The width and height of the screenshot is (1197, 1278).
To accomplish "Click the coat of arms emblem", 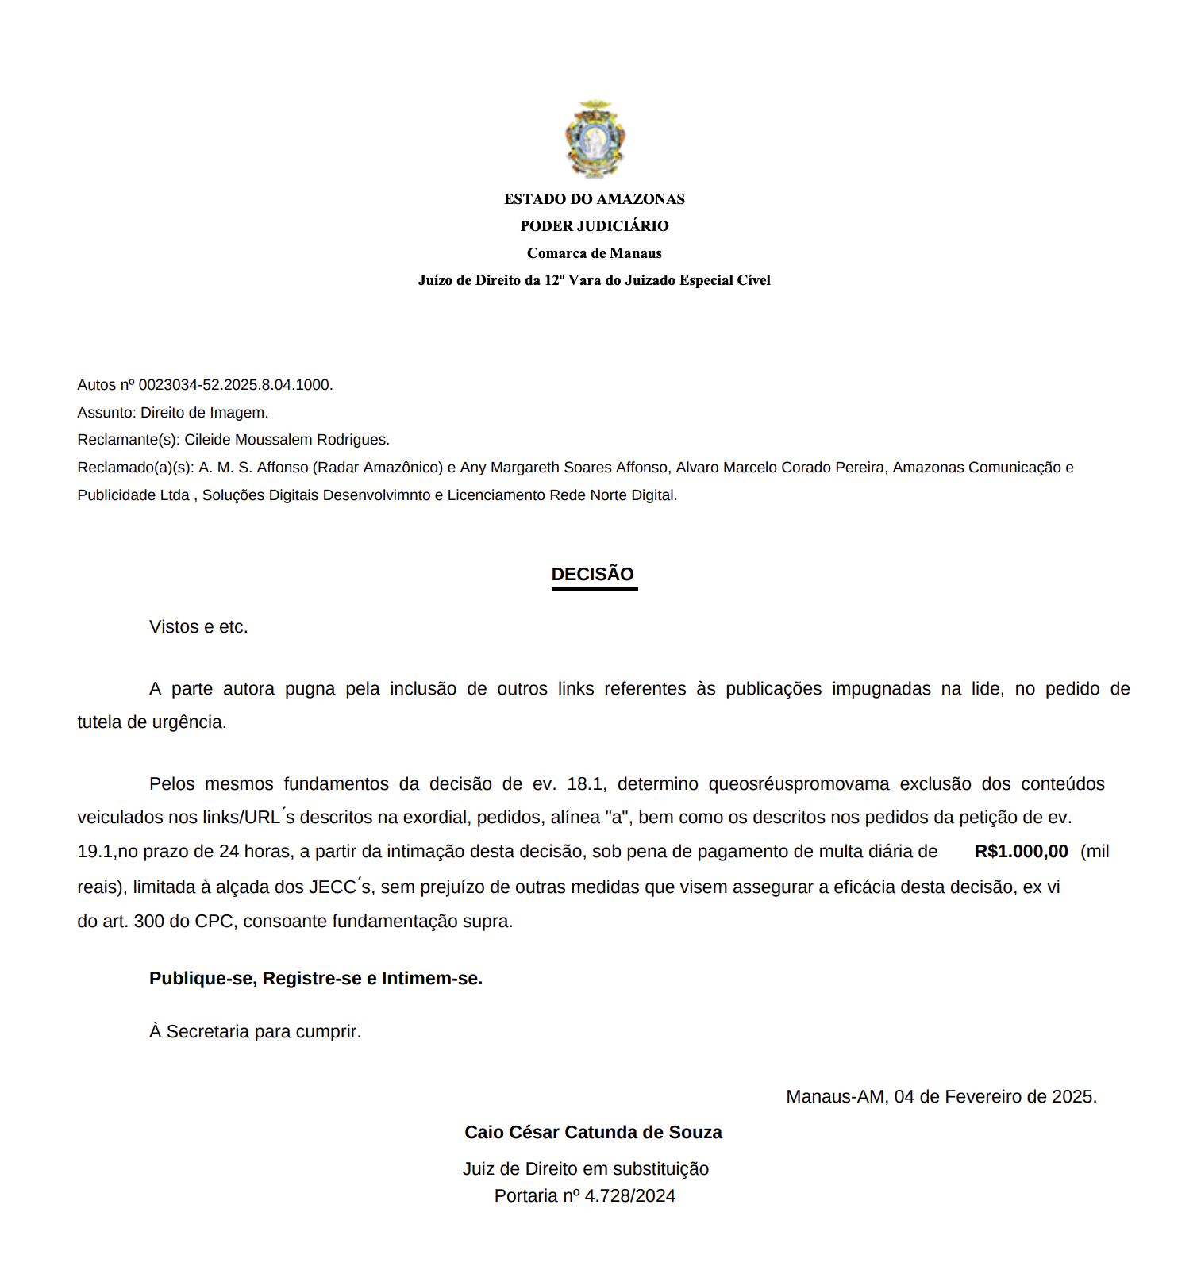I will click(595, 140).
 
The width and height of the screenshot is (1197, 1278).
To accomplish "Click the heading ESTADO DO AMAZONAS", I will click(594, 199).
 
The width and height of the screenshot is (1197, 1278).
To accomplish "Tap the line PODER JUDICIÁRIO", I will click(594, 226).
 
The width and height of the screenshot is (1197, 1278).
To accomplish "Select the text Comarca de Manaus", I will click(594, 253).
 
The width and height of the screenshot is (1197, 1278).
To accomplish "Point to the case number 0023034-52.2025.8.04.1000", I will click(234, 385).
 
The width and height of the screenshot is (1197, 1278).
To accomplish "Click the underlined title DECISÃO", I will click(593, 575).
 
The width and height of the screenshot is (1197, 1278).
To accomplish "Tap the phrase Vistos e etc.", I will click(198, 627).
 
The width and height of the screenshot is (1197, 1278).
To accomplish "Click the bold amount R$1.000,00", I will click(1021, 852).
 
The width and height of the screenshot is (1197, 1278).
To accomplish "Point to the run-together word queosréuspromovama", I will click(799, 784).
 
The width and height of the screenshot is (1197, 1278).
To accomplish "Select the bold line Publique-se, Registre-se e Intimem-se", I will click(316, 979).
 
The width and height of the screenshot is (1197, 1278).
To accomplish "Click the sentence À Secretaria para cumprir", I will click(255, 1032).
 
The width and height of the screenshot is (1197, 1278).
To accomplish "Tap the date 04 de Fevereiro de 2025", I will click(995, 1097).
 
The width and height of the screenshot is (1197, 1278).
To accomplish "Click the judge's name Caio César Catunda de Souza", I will click(593, 1133).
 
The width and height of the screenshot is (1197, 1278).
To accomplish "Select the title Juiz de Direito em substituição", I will click(586, 1169).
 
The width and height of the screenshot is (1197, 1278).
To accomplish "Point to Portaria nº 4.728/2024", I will click(585, 1196).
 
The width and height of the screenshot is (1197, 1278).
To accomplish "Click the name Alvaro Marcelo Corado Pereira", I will click(780, 468).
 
